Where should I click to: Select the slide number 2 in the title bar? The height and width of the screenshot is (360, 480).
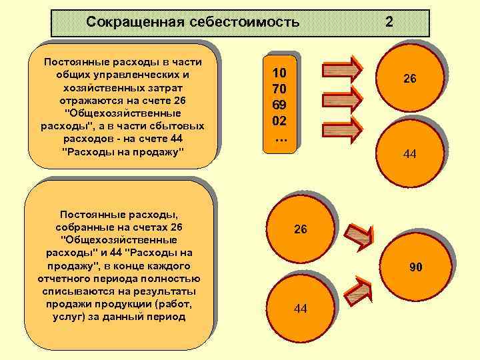tap(389, 22)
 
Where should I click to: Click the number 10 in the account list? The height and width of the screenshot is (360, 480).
tap(279, 73)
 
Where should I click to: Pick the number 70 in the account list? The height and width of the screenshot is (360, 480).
tap(279, 89)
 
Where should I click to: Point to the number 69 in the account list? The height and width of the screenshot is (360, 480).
tap(279, 105)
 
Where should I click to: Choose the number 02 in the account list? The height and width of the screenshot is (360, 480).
tap(279, 121)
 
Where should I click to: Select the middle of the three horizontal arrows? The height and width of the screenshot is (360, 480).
tap(341, 99)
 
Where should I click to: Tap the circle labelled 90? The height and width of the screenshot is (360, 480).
tap(415, 267)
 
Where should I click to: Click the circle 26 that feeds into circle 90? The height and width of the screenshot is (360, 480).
tap(301, 229)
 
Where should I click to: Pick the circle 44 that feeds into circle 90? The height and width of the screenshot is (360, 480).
tap(301, 308)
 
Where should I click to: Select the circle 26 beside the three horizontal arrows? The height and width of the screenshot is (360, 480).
tap(409, 79)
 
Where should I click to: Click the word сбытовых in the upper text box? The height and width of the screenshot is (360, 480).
tap(181, 125)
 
